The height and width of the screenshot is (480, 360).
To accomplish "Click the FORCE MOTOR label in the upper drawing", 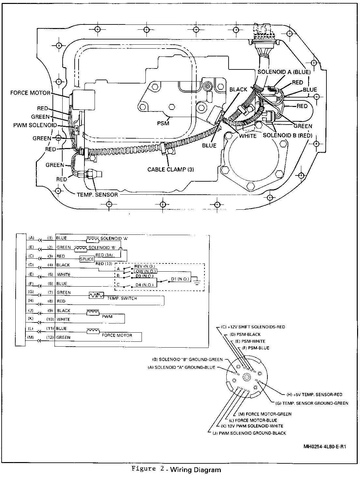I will click(x=30, y=93).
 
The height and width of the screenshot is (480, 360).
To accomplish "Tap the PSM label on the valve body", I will click(x=163, y=123).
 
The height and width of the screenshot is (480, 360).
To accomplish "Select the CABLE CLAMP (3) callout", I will click(x=171, y=169).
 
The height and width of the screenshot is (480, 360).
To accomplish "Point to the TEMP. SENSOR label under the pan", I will click(x=97, y=194).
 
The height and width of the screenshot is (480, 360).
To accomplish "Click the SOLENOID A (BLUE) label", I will click(x=284, y=72).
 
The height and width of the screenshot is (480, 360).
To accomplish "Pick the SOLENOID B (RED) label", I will click(x=288, y=135).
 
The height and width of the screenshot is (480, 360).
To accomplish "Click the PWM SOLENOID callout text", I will click(x=35, y=125).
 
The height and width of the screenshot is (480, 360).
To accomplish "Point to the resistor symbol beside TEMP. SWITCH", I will click(x=96, y=296).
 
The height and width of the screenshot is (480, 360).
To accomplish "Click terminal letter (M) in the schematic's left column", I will click(x=31, y=337).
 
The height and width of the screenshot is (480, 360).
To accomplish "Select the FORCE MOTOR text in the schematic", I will click(x=117, y=335).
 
